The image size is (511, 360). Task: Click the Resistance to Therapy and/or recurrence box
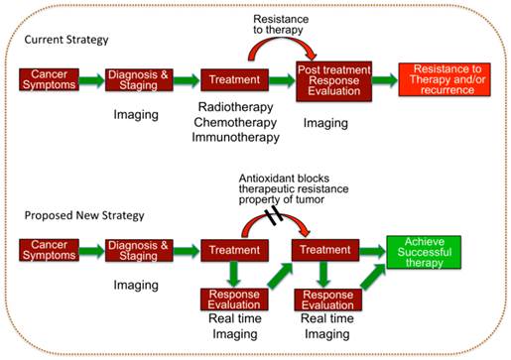click(443, 79)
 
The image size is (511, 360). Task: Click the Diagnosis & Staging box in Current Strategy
click(141, 79)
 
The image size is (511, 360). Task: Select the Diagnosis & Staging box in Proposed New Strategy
click(141, 251)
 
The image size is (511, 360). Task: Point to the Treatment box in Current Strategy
click(230, 79)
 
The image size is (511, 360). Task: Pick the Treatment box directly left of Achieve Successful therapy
click(319, 251)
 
